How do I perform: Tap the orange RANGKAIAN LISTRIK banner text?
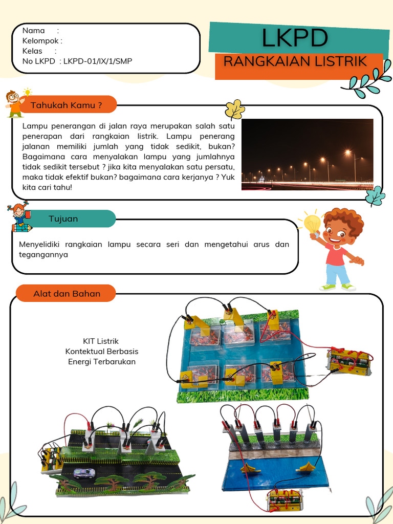coord(295,62)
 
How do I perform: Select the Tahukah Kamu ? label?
coord(66,105)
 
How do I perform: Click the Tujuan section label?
coord(63,219)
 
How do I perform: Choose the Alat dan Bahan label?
coord(67,293)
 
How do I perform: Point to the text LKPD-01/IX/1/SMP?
coord(98,61)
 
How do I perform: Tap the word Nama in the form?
coord(34,30)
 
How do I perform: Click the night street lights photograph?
coord(307,155)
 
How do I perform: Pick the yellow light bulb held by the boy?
coord(312,223)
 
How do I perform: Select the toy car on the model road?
coord(83,473)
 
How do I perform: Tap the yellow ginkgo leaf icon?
coord(235,110)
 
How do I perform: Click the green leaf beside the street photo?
coord(376,196)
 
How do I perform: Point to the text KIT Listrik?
coord(101,341)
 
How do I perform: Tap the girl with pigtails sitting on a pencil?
coord(20,216)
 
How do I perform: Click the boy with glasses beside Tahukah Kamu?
coord(14,104)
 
